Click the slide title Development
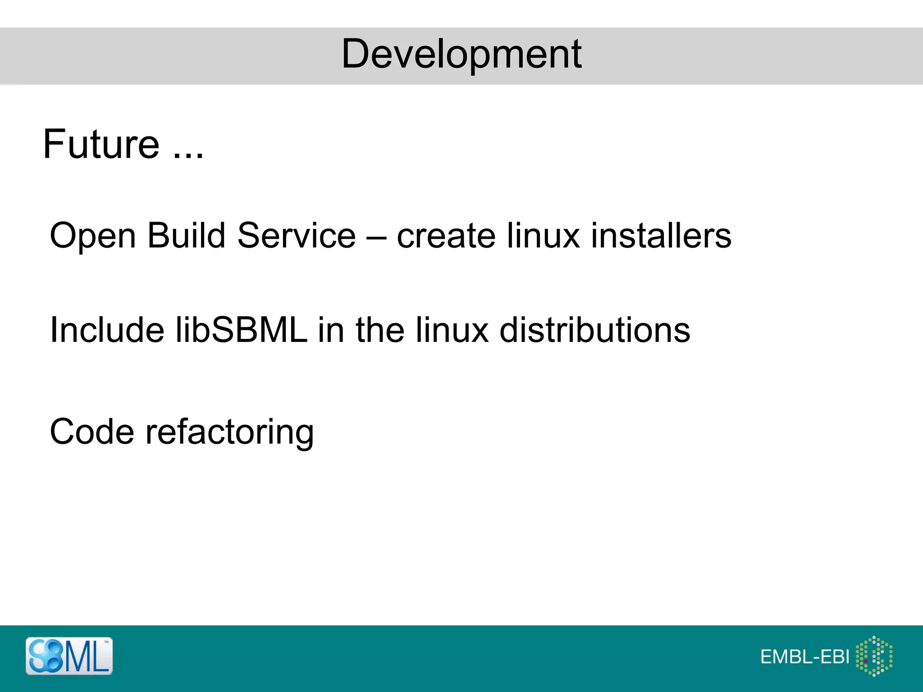pos(461,54)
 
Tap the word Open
pos(93,236)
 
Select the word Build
pos(186,235)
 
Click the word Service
pos(297,235)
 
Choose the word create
pos(446,236)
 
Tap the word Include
pos(107,330)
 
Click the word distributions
pos(595,330)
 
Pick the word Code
pos(92,432)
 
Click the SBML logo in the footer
pos(69,656)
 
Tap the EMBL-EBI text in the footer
pos(805,657)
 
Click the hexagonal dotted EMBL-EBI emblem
pos(874,656)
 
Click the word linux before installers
pos(543,235)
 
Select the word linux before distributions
pos(452,330)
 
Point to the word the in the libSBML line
pos(380,330)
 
